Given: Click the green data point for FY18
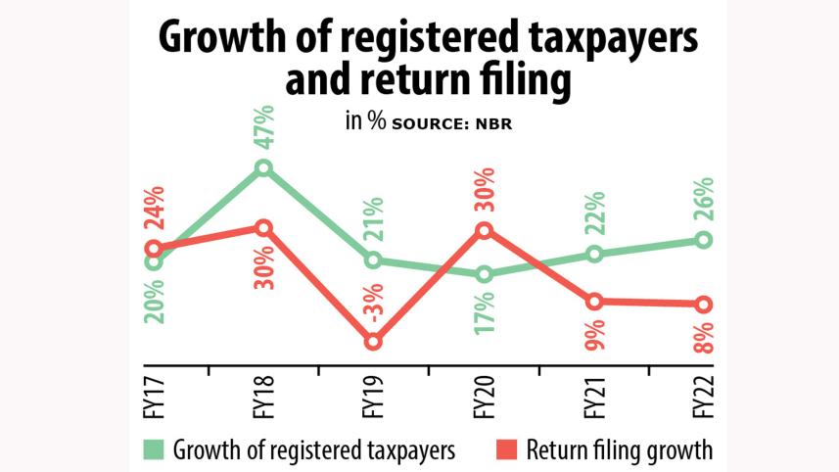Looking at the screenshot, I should point(263,168).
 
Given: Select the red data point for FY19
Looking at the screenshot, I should point(372,341).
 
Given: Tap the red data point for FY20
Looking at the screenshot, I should point(484,230).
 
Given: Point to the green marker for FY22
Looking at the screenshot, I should point(703,240).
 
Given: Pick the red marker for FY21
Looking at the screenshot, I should point(593,301).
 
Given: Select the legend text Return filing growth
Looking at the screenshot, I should point(620,451).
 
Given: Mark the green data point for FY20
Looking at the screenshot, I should point(484,274).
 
